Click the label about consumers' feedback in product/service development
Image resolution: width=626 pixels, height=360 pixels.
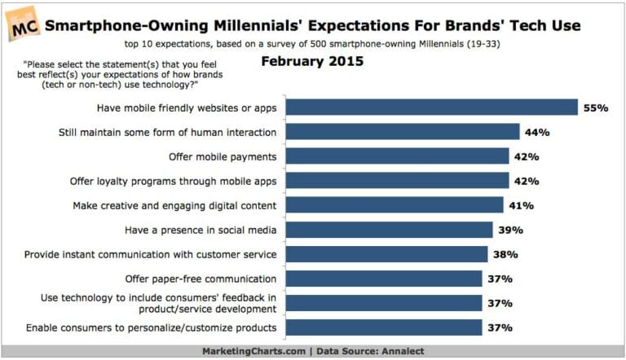[160, 303]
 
